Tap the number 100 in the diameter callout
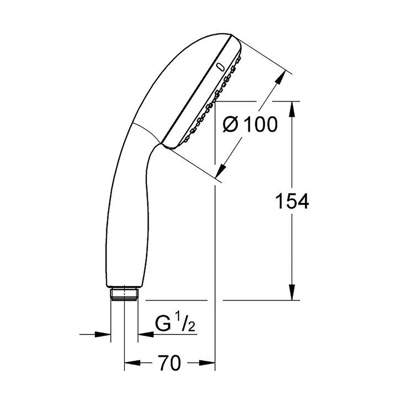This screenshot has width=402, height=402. [x=260, y=125]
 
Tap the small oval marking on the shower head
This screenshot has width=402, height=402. [x=221, y=67]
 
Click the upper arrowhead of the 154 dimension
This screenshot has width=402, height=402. [x=292, y=109]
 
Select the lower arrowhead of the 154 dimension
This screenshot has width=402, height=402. [x=292, y=293]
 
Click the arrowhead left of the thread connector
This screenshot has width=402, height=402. [x=103, y=334]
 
